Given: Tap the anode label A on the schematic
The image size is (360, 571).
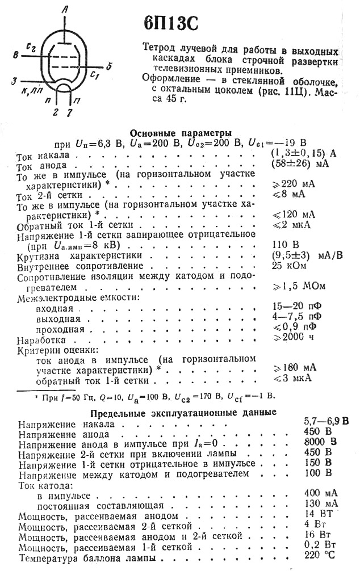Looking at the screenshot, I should (x=66, y=9).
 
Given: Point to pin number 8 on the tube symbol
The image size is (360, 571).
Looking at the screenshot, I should (x=15, y=54).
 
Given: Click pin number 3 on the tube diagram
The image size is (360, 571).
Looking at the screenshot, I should (x=14, y=82).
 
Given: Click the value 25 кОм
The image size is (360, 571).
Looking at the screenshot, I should (x=288, y=266).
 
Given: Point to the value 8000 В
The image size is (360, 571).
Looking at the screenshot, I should (x=321, y=442).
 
